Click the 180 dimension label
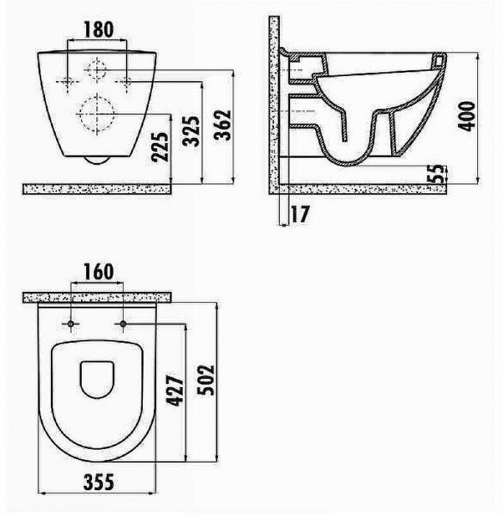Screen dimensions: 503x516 (99, 29)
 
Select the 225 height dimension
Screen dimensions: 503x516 (160, 147)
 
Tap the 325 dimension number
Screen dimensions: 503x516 (191, 130)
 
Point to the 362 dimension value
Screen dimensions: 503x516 (223, 125)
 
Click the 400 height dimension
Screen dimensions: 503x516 (467, 116)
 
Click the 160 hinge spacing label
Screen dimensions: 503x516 (99, 272)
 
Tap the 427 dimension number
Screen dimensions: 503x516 (175, 390)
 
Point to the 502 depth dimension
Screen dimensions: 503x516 (205, 380)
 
